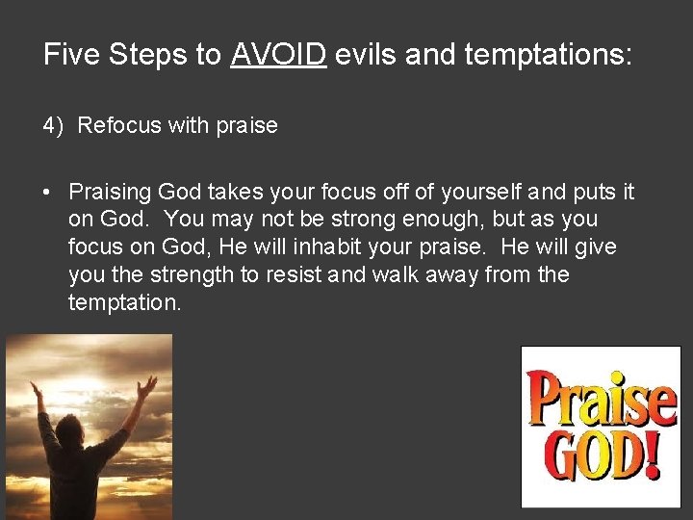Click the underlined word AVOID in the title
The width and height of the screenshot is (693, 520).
279,55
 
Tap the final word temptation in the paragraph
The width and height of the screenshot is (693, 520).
123,303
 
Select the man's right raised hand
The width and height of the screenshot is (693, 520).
147,386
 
